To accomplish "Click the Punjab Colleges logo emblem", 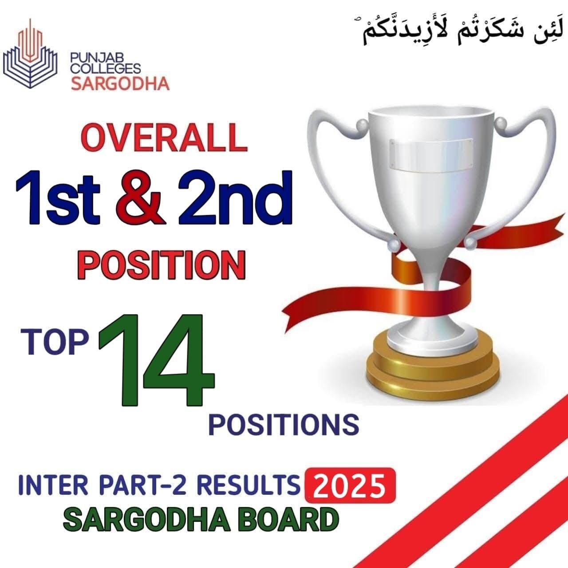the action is [x=31, y=54].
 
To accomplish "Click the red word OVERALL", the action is [x=164, y=138].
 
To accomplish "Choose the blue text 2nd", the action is [x=235, y=197].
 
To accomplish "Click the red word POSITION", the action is [x=162, y=265].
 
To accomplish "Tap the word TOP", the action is [x=55, y=342].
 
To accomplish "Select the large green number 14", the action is [x=156, y=360].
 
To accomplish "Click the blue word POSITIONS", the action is [x=284, y=424].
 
